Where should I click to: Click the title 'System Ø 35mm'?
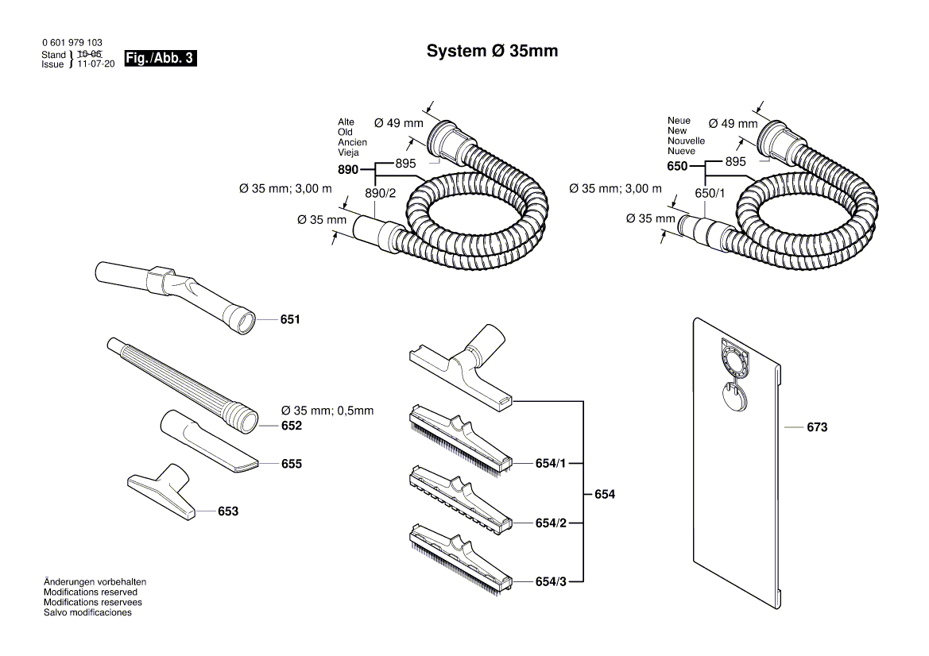[492, 52]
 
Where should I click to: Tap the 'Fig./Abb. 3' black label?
[156, 59]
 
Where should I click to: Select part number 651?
[290, 320]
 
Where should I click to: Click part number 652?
[291, 426]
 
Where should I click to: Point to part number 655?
[291, 464]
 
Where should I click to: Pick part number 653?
[228, 512]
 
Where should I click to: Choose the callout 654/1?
[551, 462]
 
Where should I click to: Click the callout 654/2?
[551, 523]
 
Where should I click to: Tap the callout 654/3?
[551, 582]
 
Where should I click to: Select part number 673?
[817, 427]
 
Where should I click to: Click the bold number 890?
[348, 169]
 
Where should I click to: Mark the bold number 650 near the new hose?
[677, 168]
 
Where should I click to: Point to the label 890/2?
[380, 193]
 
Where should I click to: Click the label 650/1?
[710, 193]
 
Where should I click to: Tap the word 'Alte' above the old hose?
[346, 122]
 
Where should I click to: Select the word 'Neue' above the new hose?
[679, 121]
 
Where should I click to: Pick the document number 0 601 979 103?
[72, 43]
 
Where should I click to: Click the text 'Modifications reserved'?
[90, 592]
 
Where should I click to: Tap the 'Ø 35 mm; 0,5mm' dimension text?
[327, 411]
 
